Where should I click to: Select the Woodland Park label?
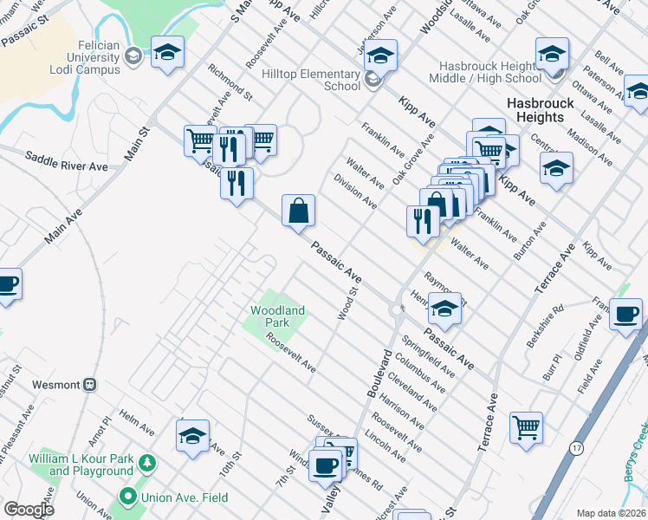coord(277,315)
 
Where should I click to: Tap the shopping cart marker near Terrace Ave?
coord(526,427)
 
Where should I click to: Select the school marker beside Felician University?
coord(167,52)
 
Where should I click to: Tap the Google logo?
coord(29,510)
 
